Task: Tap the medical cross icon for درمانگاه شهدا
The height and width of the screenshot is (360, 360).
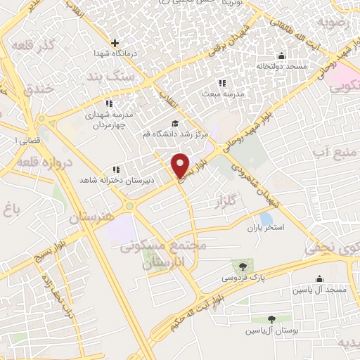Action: click(115, 43)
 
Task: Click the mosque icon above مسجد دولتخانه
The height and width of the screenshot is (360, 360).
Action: click(282, 56)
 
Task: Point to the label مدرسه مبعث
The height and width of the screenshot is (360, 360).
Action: click(223, 94)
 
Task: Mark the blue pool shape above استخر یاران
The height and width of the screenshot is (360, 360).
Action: click(266, 217)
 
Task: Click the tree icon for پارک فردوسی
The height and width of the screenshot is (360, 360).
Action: click(243, 266)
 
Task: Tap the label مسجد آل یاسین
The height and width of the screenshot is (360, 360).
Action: click(321, 290)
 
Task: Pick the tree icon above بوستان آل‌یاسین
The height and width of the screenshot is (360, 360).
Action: click(271, 319)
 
